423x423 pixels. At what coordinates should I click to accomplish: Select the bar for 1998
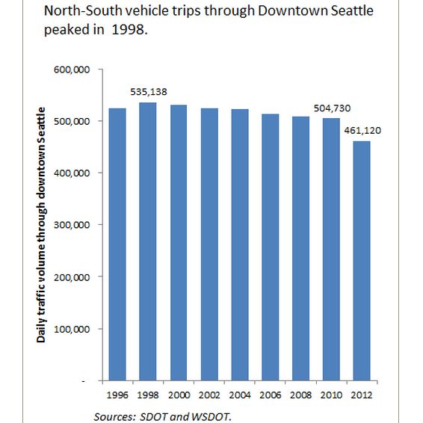point(147,241)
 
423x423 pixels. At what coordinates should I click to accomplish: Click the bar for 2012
point(362,261)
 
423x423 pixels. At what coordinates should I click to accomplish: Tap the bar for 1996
point(117,244)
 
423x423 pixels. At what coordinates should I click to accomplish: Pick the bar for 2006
point(271,247)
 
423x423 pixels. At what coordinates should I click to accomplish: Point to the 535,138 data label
point(149,92)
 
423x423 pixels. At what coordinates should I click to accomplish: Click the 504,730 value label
point(332,108)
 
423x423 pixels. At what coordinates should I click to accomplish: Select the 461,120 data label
point(362,131)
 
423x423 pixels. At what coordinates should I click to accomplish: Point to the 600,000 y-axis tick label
point(72,70)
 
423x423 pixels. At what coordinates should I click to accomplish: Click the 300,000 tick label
point(72,225)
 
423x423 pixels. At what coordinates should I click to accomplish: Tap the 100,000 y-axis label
point(72,329)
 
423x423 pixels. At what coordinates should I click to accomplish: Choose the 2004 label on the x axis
point(240,395)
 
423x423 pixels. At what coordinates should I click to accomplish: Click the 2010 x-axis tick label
point(331,395)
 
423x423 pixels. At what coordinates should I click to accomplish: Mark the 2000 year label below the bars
point(179,395)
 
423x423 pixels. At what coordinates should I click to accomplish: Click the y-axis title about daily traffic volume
point(41,225)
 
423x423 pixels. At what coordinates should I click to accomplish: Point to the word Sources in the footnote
point(114,417)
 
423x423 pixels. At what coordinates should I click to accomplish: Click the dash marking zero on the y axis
point(84,381)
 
